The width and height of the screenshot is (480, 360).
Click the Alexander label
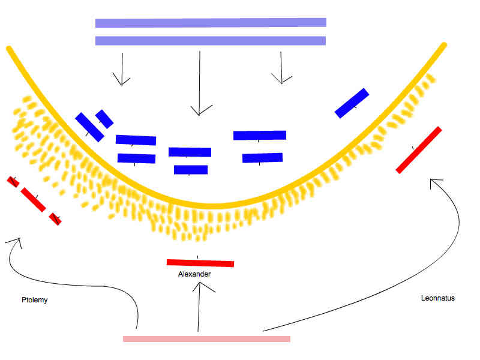[x=194, y=274]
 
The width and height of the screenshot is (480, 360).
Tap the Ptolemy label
[x=34, y=300]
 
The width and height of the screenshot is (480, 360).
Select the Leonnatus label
[x=438, y=298]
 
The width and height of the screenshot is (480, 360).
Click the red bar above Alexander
[x=200, y=263]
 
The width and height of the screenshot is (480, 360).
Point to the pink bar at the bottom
[x=206, y=339]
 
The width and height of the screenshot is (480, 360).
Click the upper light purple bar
[x=211, y=23]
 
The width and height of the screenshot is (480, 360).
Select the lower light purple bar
[x=211, y=41]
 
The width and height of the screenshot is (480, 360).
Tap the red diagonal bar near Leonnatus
[x=419, y=150]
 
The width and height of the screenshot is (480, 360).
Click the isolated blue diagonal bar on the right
[x=352, y=103]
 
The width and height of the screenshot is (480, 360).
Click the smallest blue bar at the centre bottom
[x=191, y=170]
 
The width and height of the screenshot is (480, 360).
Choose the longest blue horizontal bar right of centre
[x=260, y=135]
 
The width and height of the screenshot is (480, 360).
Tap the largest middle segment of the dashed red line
[x=33, y=199]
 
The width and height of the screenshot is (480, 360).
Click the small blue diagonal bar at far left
[x=104, y=119]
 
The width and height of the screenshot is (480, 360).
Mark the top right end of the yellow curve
[x=443, y=46]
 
